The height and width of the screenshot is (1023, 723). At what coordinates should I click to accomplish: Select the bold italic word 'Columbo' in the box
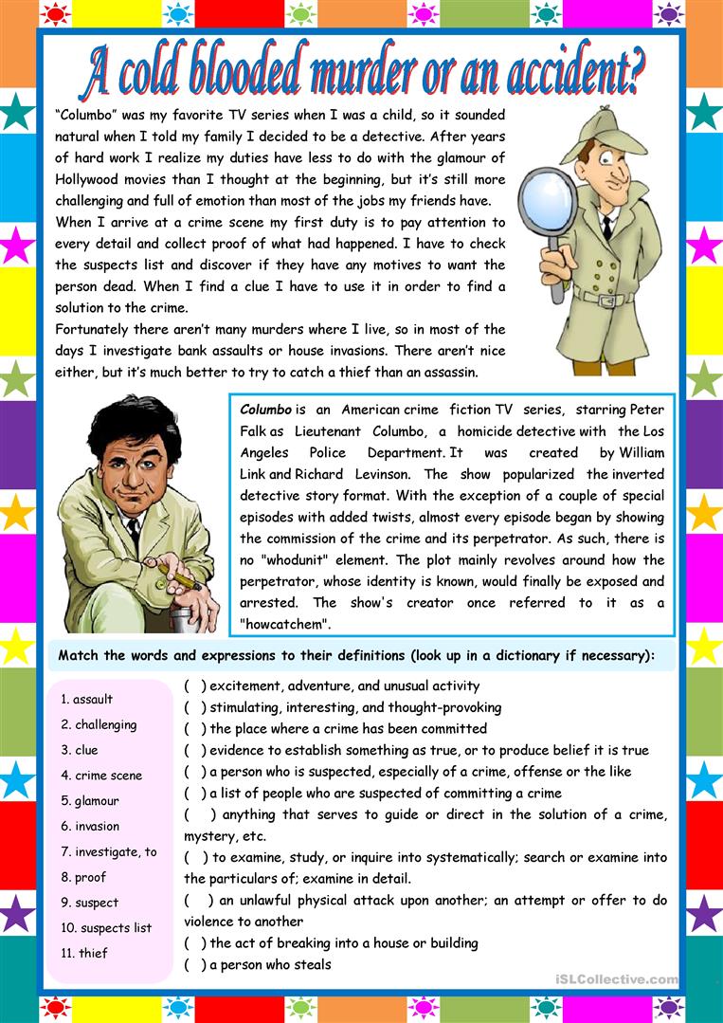[x=265, y=410]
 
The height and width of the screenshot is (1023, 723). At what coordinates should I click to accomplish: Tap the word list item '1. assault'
[x=86, y=699]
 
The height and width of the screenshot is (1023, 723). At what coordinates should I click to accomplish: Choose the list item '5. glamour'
[x=90, y=801]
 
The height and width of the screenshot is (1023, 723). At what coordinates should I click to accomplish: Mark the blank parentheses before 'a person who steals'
[x=195, y=965]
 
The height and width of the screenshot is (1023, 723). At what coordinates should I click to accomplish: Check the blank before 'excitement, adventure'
[x=195, y=685]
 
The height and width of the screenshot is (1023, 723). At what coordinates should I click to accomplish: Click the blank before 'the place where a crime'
[x=195, y=729]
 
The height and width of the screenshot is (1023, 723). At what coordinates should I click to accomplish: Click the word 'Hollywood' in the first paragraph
[x=91, y=179]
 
